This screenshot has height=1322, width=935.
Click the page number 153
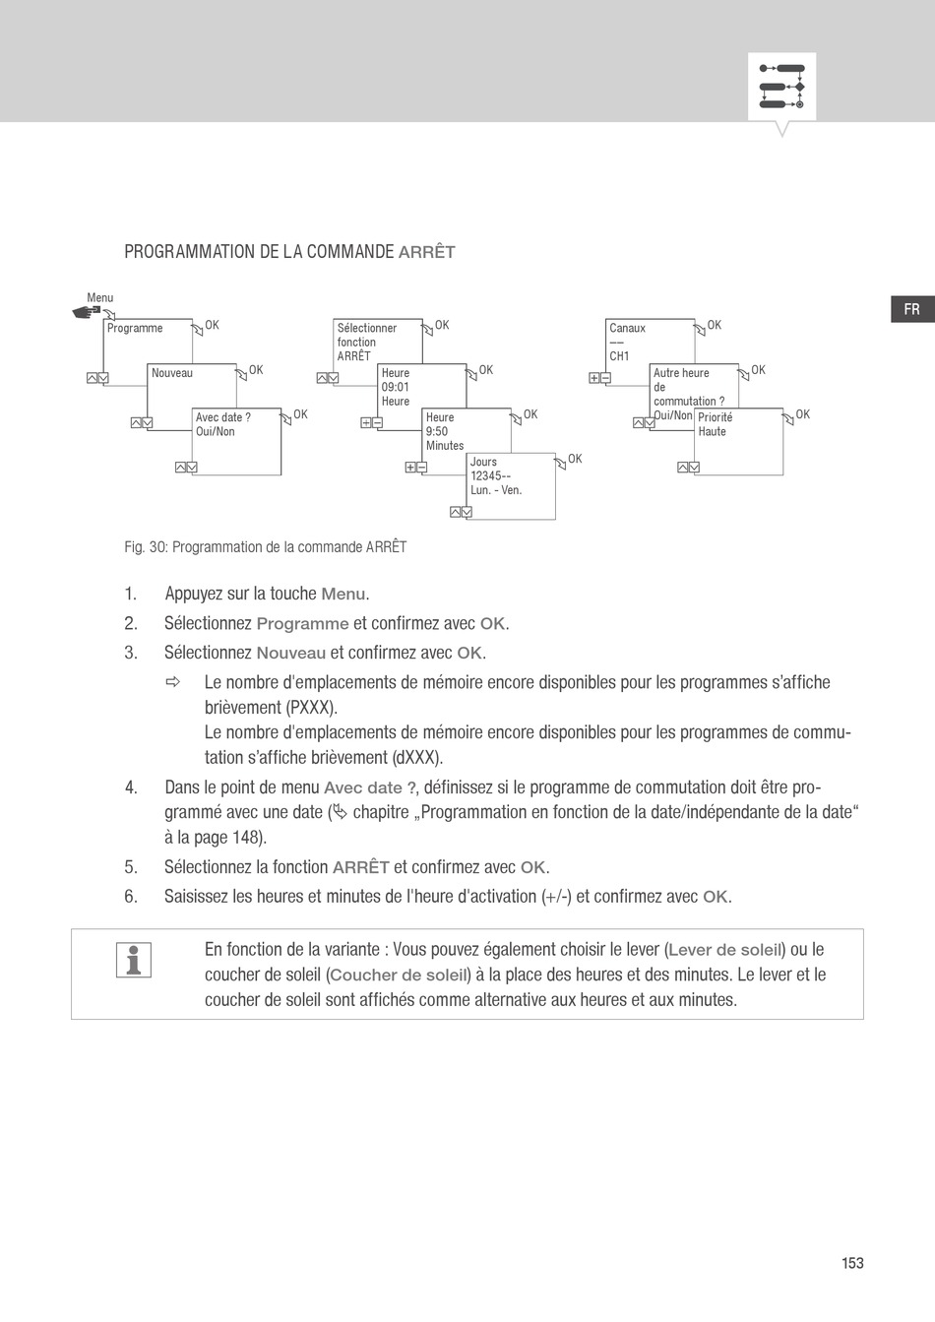852,1263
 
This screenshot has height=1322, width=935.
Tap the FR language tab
911,309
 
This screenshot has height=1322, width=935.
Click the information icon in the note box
133,960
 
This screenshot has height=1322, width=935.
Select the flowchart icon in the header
781,88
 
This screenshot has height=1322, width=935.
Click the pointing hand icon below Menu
87,312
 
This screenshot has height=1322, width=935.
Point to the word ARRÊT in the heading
426,252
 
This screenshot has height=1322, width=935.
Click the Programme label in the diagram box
135,328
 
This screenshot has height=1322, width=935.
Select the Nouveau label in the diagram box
172,373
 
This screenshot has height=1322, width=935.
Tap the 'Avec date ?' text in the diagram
222,417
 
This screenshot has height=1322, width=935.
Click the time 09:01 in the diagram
395,387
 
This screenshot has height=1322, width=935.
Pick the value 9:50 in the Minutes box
437,431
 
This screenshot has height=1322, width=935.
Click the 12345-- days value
490,475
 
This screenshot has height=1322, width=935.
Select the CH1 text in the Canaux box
619,356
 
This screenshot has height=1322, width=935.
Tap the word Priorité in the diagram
715,417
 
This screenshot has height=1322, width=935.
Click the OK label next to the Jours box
575,459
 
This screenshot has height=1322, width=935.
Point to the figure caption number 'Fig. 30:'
146,547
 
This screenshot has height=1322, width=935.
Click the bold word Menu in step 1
343,594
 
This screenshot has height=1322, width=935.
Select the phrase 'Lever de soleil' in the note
725,950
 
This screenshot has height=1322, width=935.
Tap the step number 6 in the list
130,897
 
